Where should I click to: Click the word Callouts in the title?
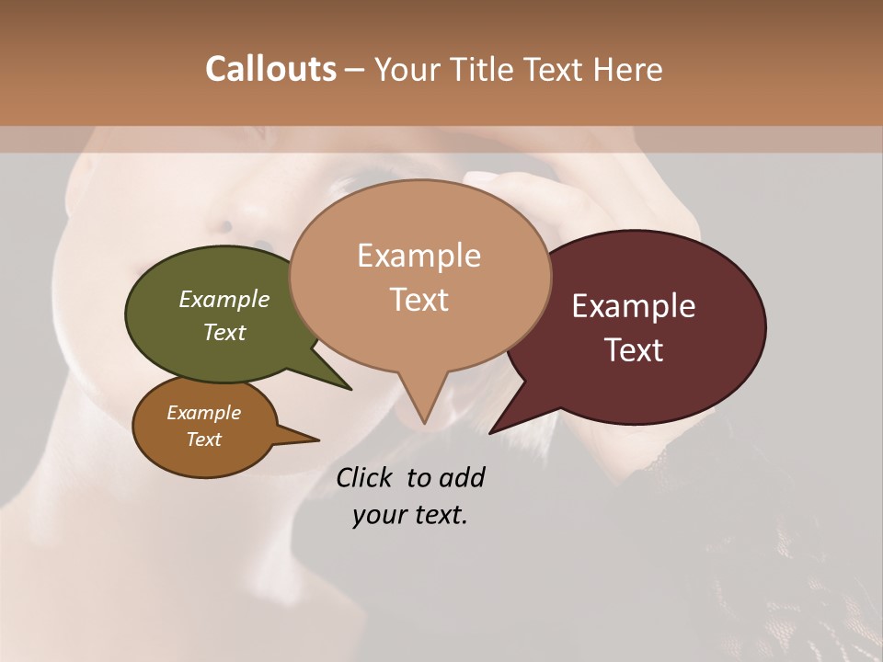270,69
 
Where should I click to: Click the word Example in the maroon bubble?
634,306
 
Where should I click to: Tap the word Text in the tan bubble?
419,300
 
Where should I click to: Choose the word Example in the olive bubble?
224,299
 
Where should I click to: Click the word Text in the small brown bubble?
204,439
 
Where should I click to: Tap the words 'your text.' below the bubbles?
410,515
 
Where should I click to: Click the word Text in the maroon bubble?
635,350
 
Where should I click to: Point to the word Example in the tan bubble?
419,256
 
